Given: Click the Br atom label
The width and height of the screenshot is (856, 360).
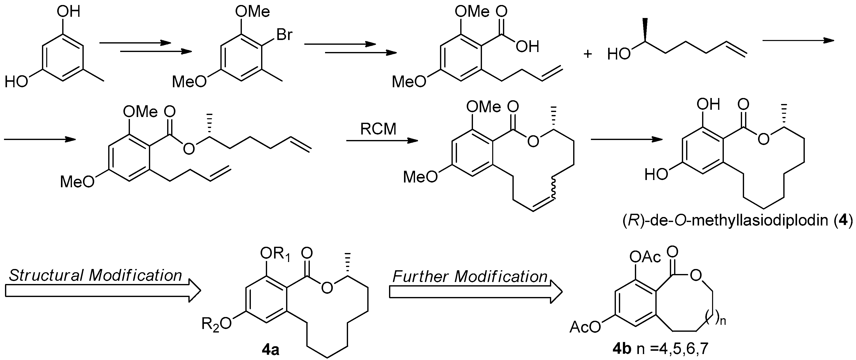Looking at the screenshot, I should click(284, 34).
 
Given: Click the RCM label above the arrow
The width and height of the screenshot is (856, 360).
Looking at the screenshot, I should click(378, 129).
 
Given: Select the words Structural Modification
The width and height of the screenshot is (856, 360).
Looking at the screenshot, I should click(96, 275).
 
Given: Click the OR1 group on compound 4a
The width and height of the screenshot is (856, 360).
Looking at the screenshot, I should click(275, 255).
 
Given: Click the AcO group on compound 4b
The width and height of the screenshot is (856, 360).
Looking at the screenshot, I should click(585, 327).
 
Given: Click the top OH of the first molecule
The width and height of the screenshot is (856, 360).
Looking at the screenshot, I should click(68, 12).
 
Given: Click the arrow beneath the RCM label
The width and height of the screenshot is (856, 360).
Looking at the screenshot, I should click(382, 141).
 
